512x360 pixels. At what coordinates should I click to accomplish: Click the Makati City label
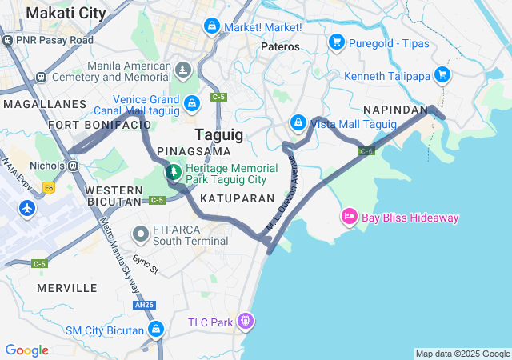point(66,13)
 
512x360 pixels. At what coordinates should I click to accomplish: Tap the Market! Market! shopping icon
point(210,26)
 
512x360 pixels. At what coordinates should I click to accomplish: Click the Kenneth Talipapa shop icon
point(442,76)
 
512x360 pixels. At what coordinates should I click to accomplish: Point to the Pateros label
point(280,46)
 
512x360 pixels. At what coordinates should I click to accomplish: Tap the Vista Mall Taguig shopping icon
point(298,122)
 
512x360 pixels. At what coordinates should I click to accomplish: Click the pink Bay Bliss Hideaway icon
point(349,216)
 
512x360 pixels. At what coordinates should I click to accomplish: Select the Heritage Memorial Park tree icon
point(173,171)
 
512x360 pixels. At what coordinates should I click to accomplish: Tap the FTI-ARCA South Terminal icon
point(140,234)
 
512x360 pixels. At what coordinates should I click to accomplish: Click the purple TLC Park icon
point(244,322)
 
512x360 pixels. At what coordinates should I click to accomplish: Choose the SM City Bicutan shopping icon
point(156,330)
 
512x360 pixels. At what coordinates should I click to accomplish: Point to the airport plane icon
point(27,208)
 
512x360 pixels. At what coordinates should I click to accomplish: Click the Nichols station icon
point(74,166)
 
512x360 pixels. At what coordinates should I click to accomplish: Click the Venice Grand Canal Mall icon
point(192,103)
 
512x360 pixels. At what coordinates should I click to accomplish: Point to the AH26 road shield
point(144,305)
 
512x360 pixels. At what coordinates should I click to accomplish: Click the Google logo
point(26,350)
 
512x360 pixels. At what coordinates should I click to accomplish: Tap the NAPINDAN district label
point(395,109)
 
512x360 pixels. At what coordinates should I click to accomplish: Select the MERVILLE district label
point(67,287)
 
